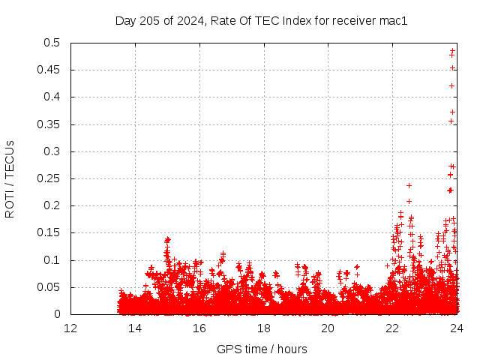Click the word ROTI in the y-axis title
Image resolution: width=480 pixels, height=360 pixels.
10,204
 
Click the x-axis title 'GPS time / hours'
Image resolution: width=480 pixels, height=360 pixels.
262,349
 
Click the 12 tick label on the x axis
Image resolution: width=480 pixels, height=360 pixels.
70,328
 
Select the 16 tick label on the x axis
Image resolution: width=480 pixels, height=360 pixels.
199,328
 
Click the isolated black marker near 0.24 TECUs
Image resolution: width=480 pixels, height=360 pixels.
409,185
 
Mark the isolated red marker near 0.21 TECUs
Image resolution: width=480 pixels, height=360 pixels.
409,201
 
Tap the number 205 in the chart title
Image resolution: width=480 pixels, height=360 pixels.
150,20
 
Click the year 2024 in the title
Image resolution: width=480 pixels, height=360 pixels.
191,20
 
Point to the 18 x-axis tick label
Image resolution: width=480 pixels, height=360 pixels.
264,328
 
